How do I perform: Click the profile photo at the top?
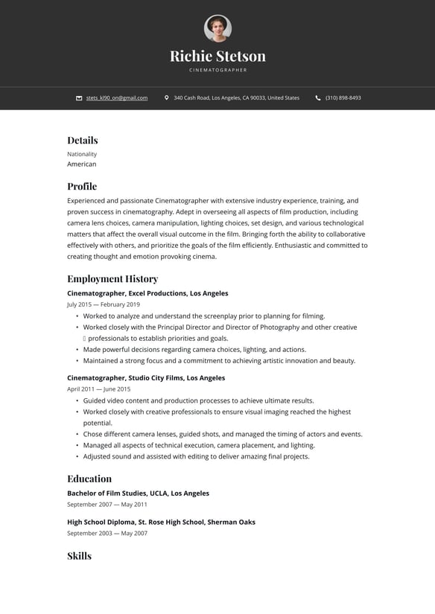click(x=217, y=28)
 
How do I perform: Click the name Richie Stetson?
click(x=217, y=56)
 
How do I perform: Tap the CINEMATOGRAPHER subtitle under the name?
click(x=217, y=70)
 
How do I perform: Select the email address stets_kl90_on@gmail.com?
click(x=116, y=97)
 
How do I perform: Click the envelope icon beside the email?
click(x=79, y=97)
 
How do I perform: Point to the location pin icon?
click(x=167, y=97)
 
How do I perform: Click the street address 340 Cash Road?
click(x=236, y=97)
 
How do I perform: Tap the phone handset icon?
click(x=318, y=97)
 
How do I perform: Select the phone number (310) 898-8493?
click(x=343, y=97)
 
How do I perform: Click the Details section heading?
click(x=82, y=140)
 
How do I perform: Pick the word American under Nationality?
click(x=81, y=164)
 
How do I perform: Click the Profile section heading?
click(x=82, y=186)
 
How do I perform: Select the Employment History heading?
click(x=112, y=278)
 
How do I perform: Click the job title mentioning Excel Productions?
click(x=147, y=293)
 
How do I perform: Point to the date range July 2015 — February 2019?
click(x=103, y=304)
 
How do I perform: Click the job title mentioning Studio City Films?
click(x=146, y=378)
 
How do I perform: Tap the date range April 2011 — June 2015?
click(x=98, y=389)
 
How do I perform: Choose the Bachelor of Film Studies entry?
click(x=138, y=493)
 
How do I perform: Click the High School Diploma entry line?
click(x=161, y=522)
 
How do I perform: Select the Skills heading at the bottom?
click(x=79, y=556)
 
